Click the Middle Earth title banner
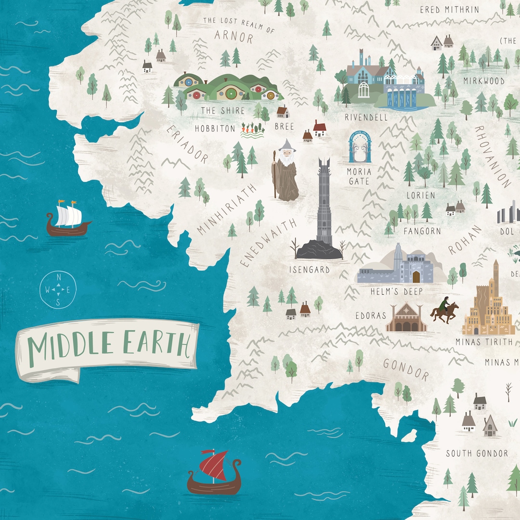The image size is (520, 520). tap(107, 346)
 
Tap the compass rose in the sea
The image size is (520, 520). tap(58, 289)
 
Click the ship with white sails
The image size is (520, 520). tap(68, 219)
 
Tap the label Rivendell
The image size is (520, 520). tap(366, 117)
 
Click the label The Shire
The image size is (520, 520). tap(223, 111)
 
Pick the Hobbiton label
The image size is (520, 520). tap(215, 129)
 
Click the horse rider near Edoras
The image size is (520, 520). tap(444, 311)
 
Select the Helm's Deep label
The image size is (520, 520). tap(396, 291)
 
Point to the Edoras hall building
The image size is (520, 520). tap(406, 318)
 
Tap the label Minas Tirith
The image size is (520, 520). tap(483, 342)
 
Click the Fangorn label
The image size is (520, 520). tap(422, 231)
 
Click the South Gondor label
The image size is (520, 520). tap(477, 453)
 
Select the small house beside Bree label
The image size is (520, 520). tap(283, 112)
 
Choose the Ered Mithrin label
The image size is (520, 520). tap(449, 10)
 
